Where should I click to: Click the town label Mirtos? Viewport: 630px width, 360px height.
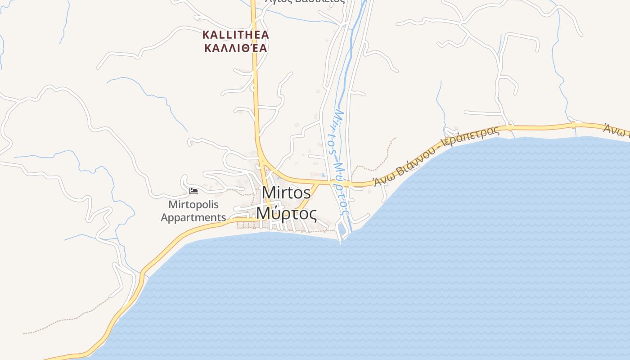(x=286, y=193)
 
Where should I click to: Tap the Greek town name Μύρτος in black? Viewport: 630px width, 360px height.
(x=286, y=213)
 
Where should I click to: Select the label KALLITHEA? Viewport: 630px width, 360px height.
(x=236, y=35)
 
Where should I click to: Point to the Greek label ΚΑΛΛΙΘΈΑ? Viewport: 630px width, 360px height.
(x=236, y=48)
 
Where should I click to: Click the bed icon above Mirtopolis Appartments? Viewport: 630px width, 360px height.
(x=193, y=191)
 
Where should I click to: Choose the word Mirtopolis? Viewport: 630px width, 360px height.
(x=193, y=205)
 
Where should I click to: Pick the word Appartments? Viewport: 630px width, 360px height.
(x=193, y=218)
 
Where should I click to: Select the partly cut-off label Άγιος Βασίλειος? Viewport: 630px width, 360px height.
(x=305, y=1)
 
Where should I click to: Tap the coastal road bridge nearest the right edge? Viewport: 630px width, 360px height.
(x=573, y=125)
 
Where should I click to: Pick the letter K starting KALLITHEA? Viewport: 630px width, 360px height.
(x=206, y=35)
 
